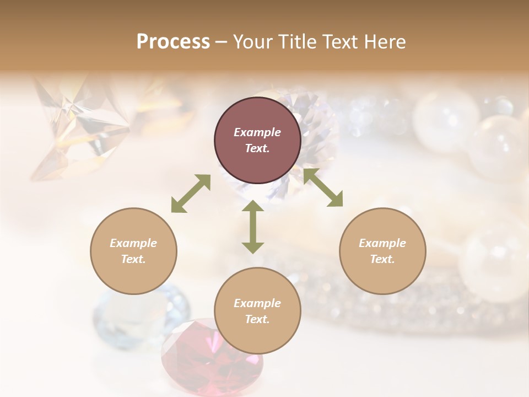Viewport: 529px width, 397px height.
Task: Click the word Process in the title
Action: tap(173, 42)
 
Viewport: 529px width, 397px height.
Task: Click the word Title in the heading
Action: tap(294, 42)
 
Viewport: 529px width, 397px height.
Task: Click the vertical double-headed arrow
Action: tap(253, 227)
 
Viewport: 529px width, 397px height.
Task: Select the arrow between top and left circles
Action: tap(191, 193)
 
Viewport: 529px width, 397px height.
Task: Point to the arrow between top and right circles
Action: tap(323, 187)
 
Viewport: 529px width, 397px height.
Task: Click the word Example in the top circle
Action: tap(257, 132)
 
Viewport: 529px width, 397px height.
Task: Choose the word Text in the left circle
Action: tap(133, 259)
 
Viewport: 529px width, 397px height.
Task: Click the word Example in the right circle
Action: tap(382, 243)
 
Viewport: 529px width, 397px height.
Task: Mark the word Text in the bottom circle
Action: tap(257, 319)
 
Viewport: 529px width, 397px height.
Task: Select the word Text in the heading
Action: tap(337, 42)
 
